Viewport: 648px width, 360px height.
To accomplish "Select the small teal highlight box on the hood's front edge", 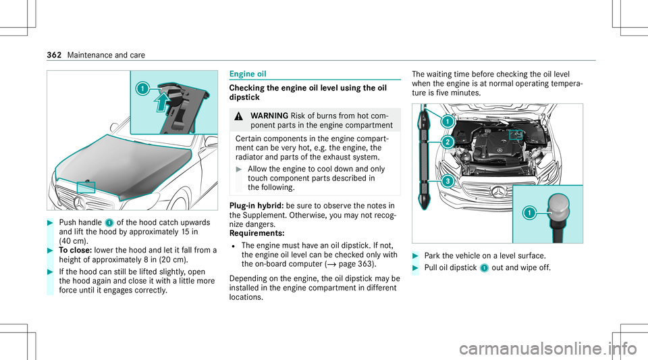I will click(86, 188).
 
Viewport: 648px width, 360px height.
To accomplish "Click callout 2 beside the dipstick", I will click(446, 142).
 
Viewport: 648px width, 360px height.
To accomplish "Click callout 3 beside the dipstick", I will click(446, 182).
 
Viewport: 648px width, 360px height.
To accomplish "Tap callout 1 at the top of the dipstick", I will click(446, 122).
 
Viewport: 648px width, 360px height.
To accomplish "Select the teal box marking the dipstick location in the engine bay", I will click(516, 134).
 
